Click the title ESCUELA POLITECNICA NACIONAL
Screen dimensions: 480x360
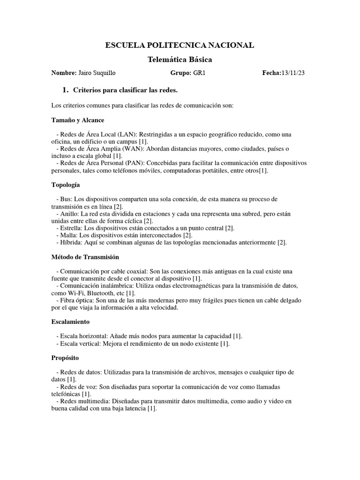(x=180, y=45)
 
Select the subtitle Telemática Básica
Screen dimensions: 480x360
(x=180, y=60)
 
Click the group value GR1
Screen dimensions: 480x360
(x=200, y=74)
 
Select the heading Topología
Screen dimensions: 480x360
(x=66, y=185)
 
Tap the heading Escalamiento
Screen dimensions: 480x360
(x=70, y=322)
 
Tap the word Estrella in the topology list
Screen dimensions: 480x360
(x=71, y=228)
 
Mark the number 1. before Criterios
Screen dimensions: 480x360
(x=65, y=90)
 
